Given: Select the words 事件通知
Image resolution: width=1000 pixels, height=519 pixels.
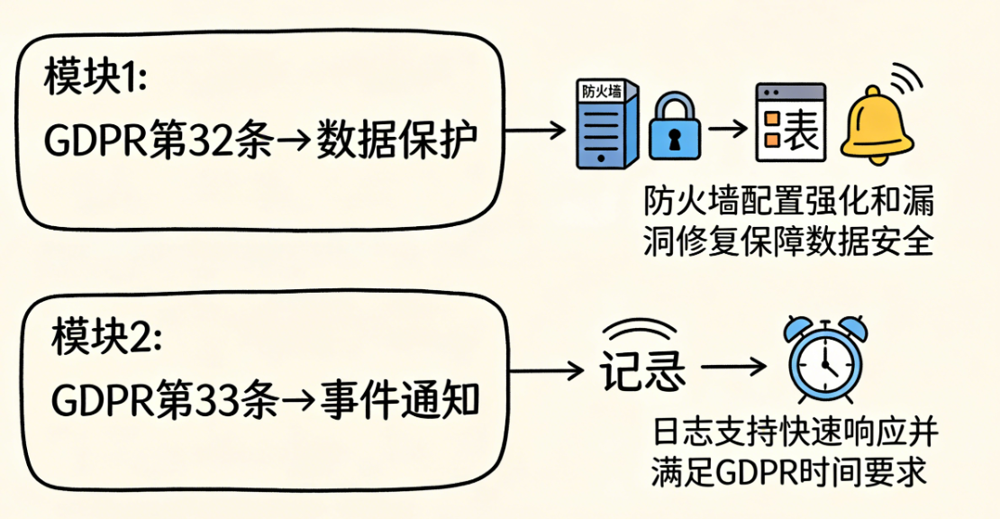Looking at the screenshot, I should pos(400,400).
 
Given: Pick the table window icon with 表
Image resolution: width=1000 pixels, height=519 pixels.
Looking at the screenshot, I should pos(790,124).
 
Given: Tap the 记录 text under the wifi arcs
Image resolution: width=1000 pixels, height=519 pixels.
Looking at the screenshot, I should pos(641,369).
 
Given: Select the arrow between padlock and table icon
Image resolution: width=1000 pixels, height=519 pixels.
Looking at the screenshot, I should pos(728,129).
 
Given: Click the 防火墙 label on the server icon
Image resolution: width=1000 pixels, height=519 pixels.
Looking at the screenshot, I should pos(602,92).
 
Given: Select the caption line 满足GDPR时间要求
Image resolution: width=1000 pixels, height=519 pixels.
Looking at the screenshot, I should pos(789,472).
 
